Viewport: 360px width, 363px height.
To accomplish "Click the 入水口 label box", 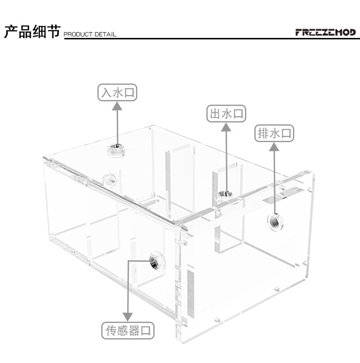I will [117, 92].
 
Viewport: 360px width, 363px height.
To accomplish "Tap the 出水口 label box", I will [226, 114].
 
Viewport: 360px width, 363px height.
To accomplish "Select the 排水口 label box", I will [274, 133].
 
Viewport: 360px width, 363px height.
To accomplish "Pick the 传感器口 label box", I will [130, 331].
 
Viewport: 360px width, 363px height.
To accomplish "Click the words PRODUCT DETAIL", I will [90, 35].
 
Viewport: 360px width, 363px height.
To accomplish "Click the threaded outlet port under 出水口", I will [223, 194].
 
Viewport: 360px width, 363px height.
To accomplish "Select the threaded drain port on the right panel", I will [275, 220].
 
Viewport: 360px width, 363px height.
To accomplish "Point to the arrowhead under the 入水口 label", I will [117, 106].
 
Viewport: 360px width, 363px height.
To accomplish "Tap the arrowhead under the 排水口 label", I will [274, 147].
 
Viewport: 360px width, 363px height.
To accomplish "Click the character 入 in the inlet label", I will [106, 92].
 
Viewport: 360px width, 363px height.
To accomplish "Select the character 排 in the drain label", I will [263, 133].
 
